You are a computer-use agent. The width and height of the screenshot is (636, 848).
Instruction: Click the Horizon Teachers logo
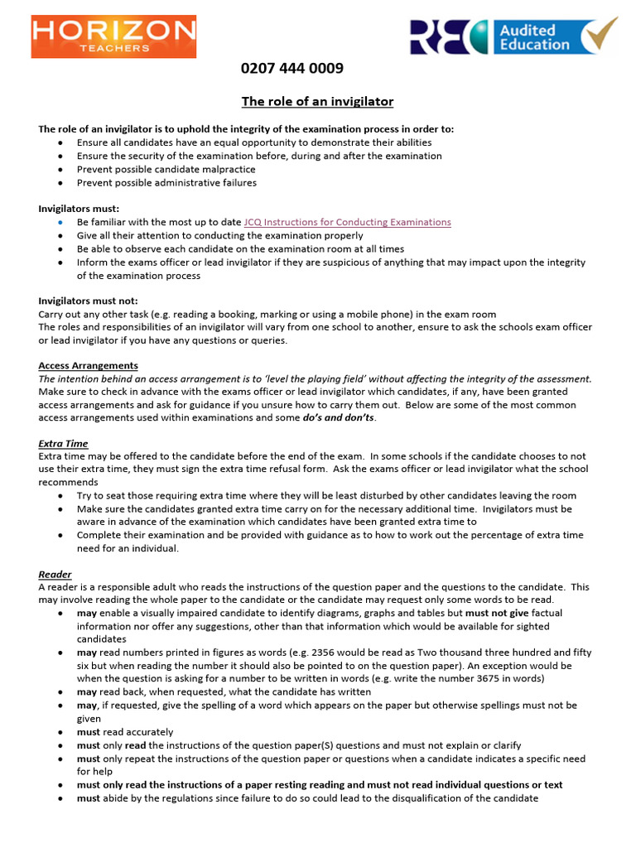point(113,36)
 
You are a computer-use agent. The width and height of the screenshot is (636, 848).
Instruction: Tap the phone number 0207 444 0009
point(291,69)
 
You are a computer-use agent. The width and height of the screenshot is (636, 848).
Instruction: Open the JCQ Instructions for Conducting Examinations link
point(348,222)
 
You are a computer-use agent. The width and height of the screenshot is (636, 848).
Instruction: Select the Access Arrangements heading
point(88,365)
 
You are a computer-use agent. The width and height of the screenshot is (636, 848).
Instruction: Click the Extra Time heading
point(63,444)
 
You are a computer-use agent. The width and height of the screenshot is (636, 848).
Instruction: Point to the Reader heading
point(55,574)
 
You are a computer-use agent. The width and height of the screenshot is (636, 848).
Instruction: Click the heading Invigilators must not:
point(88,301)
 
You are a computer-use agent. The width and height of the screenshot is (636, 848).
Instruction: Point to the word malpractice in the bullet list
point(220,170)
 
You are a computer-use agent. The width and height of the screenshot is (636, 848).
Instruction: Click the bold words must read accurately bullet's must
point(89,732)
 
